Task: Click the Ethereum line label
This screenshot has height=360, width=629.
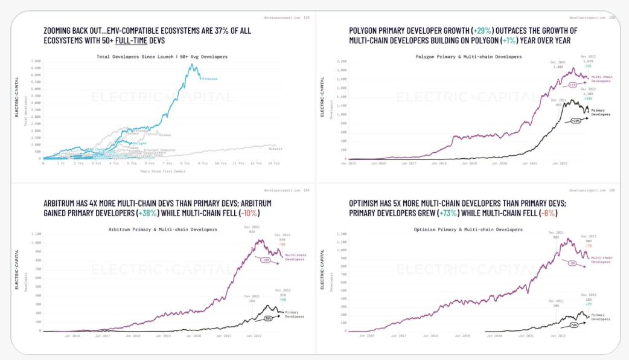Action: (x=210, y=79)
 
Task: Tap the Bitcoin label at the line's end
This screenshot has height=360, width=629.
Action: (x=275, y=148)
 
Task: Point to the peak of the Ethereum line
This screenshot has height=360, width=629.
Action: (x=193, y=64)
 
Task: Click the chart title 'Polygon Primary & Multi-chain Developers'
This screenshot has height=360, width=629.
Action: (x=468, y=57)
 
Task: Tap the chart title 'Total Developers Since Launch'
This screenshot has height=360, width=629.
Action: (x=157, y=57)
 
